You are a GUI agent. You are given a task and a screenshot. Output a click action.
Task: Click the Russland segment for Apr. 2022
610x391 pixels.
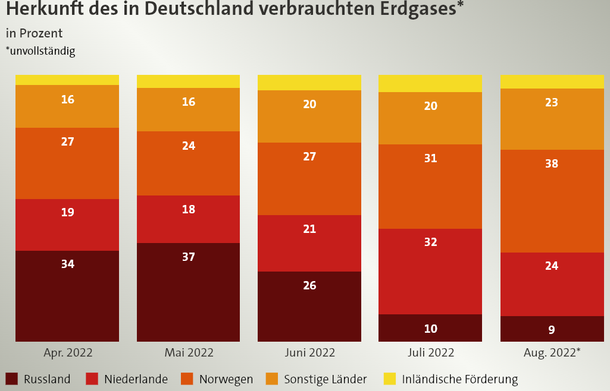67,297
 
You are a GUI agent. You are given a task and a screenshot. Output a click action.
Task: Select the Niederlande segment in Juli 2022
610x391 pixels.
430,271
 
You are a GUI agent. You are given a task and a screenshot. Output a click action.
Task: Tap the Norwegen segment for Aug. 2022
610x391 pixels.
552,202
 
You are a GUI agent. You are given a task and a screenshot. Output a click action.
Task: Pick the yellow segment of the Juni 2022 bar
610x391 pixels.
309,83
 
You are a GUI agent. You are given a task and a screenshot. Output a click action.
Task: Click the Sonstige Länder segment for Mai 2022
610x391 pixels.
188,110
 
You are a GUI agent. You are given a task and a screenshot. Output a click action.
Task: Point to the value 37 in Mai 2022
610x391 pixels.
189,257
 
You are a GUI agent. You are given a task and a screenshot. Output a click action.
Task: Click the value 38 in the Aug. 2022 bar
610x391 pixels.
552,163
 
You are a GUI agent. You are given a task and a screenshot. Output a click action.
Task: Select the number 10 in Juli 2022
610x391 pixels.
430,329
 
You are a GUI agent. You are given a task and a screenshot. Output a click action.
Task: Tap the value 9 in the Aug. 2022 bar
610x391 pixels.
552,330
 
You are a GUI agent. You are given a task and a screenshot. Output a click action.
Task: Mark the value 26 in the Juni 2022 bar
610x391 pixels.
309,285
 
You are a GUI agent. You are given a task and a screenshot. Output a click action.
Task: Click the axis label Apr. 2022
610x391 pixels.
68,352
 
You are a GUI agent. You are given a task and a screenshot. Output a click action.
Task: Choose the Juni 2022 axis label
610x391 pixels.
309,352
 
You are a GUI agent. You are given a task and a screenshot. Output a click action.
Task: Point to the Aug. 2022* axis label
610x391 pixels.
552,352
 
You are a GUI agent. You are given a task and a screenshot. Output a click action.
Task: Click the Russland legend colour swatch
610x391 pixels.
11,379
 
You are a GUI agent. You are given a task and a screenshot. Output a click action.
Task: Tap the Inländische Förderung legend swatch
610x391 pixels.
390,379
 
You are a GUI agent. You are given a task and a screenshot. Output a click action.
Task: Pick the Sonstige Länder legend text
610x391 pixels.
325,379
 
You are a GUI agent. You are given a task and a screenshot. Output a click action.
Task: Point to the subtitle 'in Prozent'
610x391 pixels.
34,33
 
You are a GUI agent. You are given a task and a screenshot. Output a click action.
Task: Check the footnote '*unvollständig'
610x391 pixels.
40,51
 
